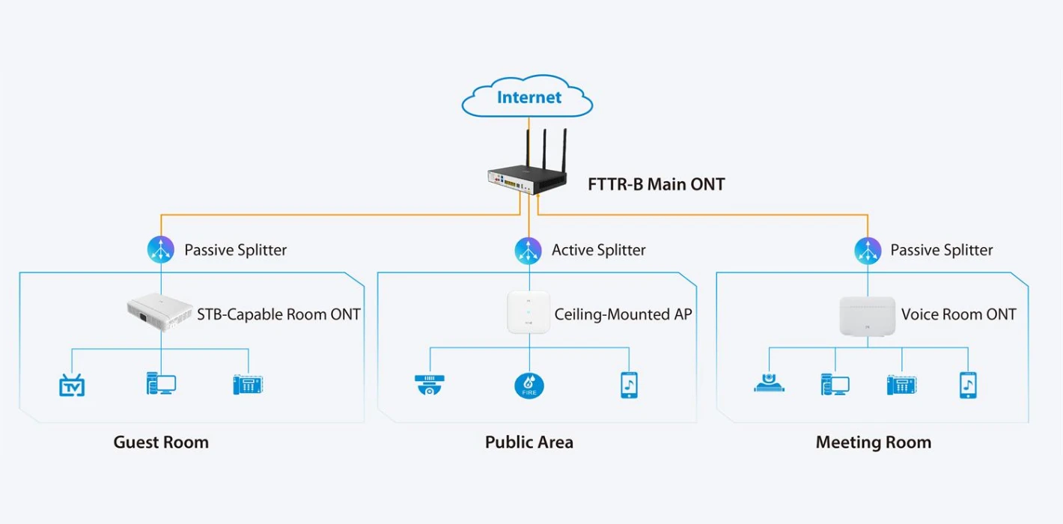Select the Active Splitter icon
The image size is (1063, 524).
click(x=528, y=251)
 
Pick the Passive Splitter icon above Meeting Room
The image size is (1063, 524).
click(x=868, y=251)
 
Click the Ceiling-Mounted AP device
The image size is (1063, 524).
click(x=529, y=312)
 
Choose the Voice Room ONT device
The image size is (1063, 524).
click(x=867, y=315)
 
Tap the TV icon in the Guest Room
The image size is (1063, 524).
click(x=72, y=386)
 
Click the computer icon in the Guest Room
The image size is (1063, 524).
click(x=161, y=384)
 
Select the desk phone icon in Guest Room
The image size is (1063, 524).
click(x=248, y=385)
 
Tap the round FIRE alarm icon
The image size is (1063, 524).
click(x=529, y=386)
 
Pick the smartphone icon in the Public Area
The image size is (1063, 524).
click(x=629, y=385)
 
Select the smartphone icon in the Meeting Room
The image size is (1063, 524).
click(x=968, y=385)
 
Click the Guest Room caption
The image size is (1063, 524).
click(x=161, y=442)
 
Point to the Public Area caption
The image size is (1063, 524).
click(x=529, y=442)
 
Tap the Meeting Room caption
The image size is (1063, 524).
click(x=873, y=442)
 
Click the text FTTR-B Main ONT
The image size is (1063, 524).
click(x=656, y=184)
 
